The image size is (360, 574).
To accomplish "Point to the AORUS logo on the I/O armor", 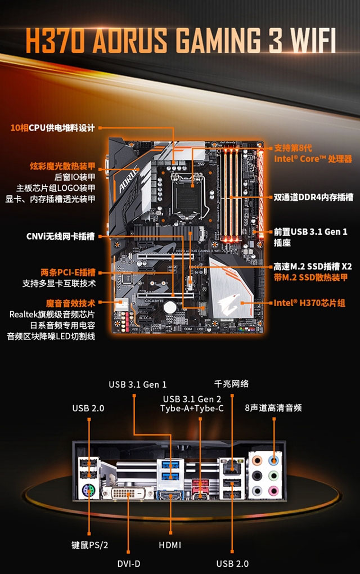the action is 128,180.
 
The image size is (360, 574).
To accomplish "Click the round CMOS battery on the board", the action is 169,307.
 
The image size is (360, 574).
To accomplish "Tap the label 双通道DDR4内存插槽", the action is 313,198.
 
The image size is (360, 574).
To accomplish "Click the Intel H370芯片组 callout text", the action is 309,303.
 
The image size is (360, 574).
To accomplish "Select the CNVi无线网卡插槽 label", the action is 60,236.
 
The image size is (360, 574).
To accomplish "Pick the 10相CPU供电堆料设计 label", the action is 53,128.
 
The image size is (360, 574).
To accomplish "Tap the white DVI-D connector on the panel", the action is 128,493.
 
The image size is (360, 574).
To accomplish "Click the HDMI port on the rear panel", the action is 170,496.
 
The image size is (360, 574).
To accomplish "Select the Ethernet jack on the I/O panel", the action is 231,466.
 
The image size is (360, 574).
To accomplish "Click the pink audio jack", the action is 273,490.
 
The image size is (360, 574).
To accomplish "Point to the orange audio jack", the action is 258,460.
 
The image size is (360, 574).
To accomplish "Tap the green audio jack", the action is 273,475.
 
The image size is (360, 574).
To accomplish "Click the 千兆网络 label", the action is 231,384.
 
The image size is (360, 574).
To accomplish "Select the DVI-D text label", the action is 129,564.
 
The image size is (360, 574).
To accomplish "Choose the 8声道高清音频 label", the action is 273,408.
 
